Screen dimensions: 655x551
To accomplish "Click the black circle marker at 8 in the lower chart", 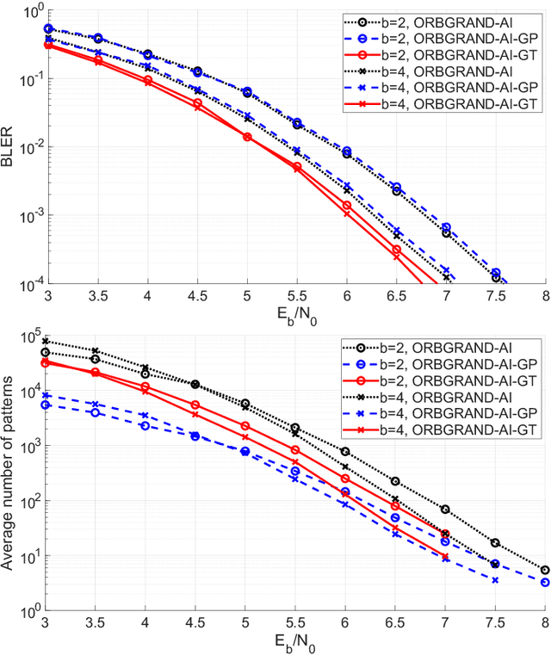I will tap(544, 569).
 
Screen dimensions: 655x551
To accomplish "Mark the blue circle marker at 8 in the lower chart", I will tap(544, 582).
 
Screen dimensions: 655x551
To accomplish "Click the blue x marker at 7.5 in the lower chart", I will tap(495, 580).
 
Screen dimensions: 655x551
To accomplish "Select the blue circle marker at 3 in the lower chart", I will tap(46, 405).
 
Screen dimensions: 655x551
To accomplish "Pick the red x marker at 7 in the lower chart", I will tap(445, 558).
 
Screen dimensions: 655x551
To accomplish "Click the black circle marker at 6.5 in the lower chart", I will tap(395, 481).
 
